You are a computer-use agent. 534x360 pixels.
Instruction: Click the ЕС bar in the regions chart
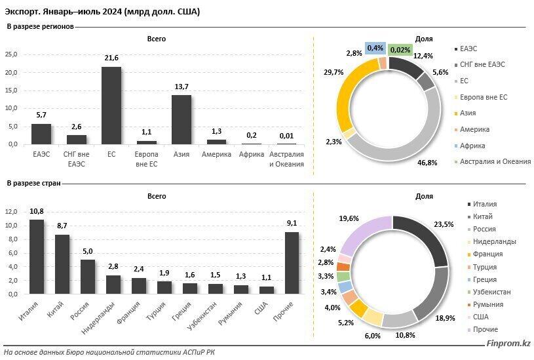111,105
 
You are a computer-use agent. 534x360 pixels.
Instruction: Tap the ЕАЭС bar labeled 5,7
41,134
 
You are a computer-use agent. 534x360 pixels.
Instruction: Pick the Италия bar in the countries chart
37,256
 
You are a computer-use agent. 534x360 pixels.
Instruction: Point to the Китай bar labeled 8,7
62,264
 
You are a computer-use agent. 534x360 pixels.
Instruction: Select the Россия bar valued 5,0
88,277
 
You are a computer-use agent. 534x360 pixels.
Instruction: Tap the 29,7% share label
325,72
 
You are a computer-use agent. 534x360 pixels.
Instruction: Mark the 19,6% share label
331,219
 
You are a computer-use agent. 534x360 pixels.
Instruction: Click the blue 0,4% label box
375,48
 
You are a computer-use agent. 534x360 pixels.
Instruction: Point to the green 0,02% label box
400,49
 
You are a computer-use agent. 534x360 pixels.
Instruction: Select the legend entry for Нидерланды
493,241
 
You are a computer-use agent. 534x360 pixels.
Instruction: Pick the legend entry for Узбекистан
493,291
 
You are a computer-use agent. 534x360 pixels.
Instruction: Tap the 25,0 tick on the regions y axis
11,55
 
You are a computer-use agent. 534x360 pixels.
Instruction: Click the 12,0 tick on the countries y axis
11,212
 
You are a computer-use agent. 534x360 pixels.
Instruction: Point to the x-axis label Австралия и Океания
287,159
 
